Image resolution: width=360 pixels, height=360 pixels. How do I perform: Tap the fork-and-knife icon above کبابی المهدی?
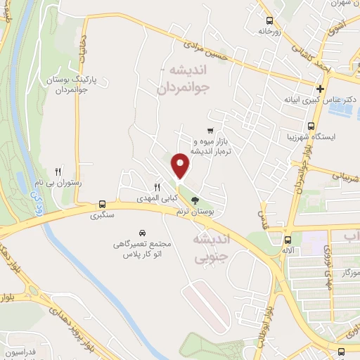tap(157, 187)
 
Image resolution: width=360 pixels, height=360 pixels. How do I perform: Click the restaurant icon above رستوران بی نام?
tap(59, 171)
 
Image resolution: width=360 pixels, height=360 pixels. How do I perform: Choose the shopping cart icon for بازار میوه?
tap(210, 131)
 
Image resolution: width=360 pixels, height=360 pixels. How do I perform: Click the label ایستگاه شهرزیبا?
tap(312, 135)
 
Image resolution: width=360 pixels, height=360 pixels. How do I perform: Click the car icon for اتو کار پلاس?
tap(143, 232)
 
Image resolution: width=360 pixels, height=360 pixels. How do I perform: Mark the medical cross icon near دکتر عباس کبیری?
tap(321, 89)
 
